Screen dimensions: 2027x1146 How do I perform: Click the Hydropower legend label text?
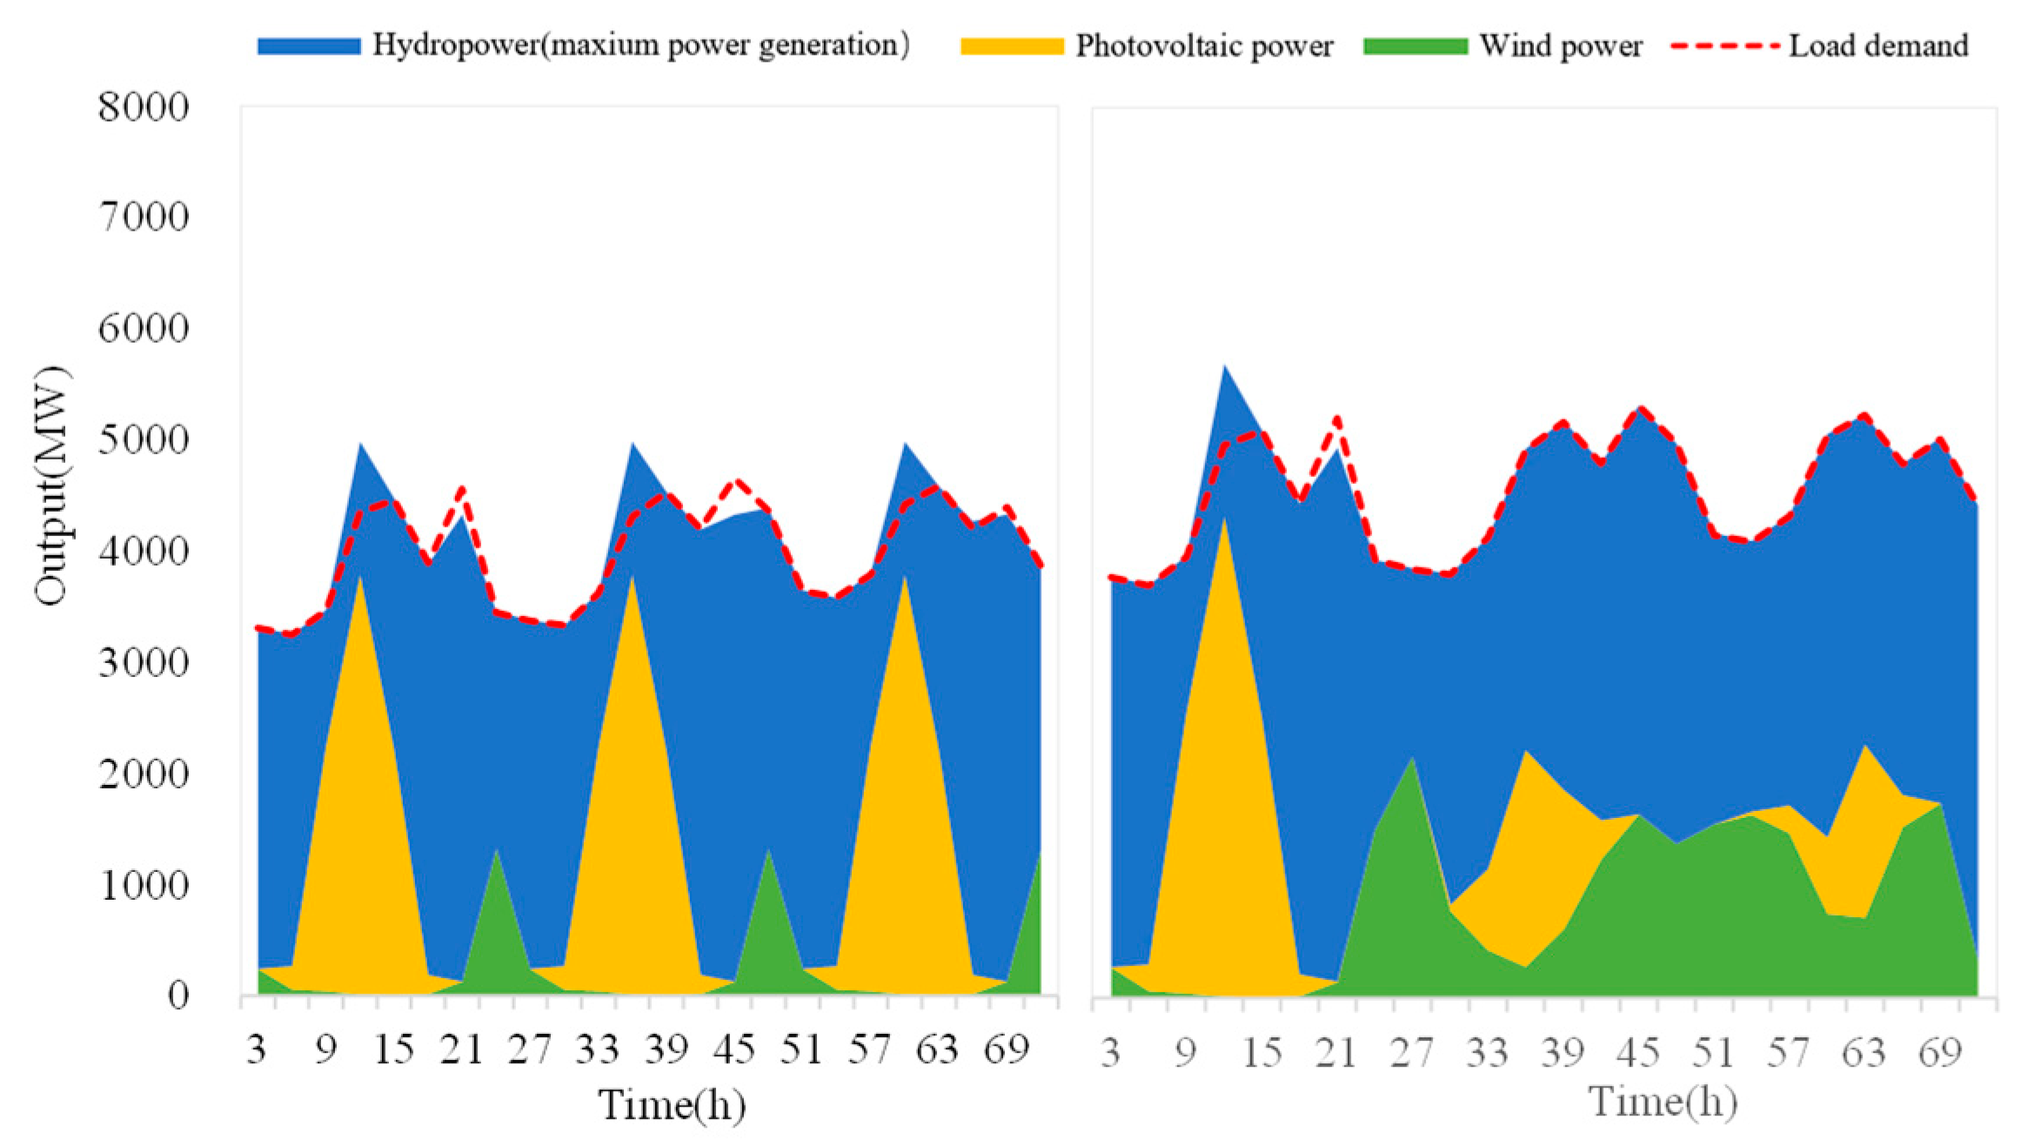coord(641,45)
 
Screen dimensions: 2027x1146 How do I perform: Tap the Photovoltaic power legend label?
coord(1204,46)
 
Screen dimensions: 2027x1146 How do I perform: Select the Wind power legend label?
coord(1561,46)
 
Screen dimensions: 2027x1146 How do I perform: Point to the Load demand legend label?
coord(1878,46)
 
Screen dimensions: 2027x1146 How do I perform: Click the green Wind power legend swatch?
coord(1415,46)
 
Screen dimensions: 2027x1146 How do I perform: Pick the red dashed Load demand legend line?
coord(1724,45)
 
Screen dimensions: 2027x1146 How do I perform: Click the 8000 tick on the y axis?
coord(143,107)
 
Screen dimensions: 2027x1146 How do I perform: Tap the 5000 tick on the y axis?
coord(143,440)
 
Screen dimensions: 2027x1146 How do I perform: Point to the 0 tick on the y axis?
coord(177,995)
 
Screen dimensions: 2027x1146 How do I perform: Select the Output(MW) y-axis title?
coord(50,486)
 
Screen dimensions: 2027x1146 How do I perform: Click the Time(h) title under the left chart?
coord(672,1105)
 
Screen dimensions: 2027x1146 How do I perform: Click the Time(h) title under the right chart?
coord(1662,1102)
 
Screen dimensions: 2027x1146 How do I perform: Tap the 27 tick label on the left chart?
coord(530,1049)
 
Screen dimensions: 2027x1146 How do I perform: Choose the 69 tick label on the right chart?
coord(1940,1053)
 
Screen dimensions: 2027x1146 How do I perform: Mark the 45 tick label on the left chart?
coord(733,1049)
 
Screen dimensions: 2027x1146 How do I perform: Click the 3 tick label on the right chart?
coord(1110,1053)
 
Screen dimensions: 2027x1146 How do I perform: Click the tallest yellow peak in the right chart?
coord(1224,519)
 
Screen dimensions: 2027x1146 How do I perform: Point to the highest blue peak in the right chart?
coord(1224,365)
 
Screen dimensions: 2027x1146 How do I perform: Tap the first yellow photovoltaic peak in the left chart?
coord(359,576)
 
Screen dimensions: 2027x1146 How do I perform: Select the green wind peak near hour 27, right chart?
coord(1412,759)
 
